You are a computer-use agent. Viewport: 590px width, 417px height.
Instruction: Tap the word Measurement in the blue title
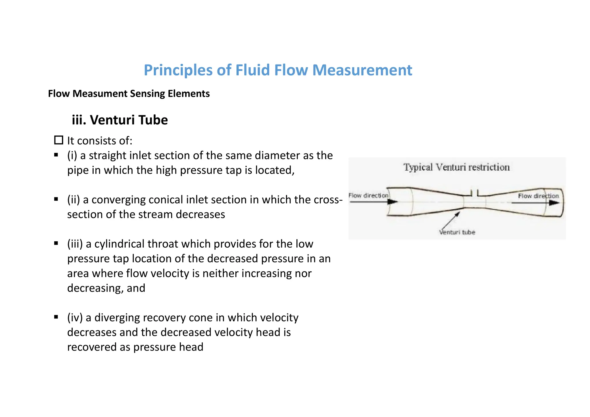coord(362,70)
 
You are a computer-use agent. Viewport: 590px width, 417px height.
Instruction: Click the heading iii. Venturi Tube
coord(120,120)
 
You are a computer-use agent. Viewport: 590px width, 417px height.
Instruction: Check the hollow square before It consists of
coord(59,140)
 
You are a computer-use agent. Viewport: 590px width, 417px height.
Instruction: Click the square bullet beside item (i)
coord(56,155)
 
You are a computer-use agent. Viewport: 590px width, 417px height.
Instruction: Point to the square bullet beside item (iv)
coord(56,317)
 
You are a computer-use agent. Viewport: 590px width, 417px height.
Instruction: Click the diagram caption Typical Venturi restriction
coord(456,167)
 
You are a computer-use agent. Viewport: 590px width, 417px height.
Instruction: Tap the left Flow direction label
coord(368,196)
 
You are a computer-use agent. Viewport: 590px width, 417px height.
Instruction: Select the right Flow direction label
coord(538,196)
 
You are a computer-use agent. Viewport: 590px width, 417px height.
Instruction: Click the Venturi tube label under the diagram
coord(457,232)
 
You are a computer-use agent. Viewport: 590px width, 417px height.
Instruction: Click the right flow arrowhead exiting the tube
coord(554,203)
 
